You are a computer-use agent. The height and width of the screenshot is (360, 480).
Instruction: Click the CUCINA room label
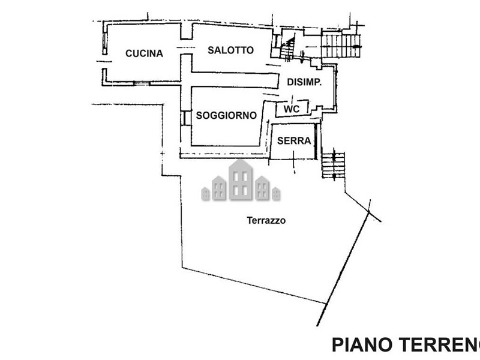pos(144,53)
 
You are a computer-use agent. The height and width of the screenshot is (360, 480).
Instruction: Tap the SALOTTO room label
pos(231,50)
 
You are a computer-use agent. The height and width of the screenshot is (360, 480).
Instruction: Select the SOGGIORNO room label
pos(226,115)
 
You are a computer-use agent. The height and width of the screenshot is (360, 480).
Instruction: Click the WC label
pos(292,109)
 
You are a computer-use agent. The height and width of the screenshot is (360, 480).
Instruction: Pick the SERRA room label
pos(293,142)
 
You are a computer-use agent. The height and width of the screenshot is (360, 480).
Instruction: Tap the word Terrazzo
pos(266,220)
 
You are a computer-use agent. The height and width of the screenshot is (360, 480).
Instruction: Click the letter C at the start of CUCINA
pos(129,53)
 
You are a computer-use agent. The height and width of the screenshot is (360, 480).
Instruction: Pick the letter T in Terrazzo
pos(249,220)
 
